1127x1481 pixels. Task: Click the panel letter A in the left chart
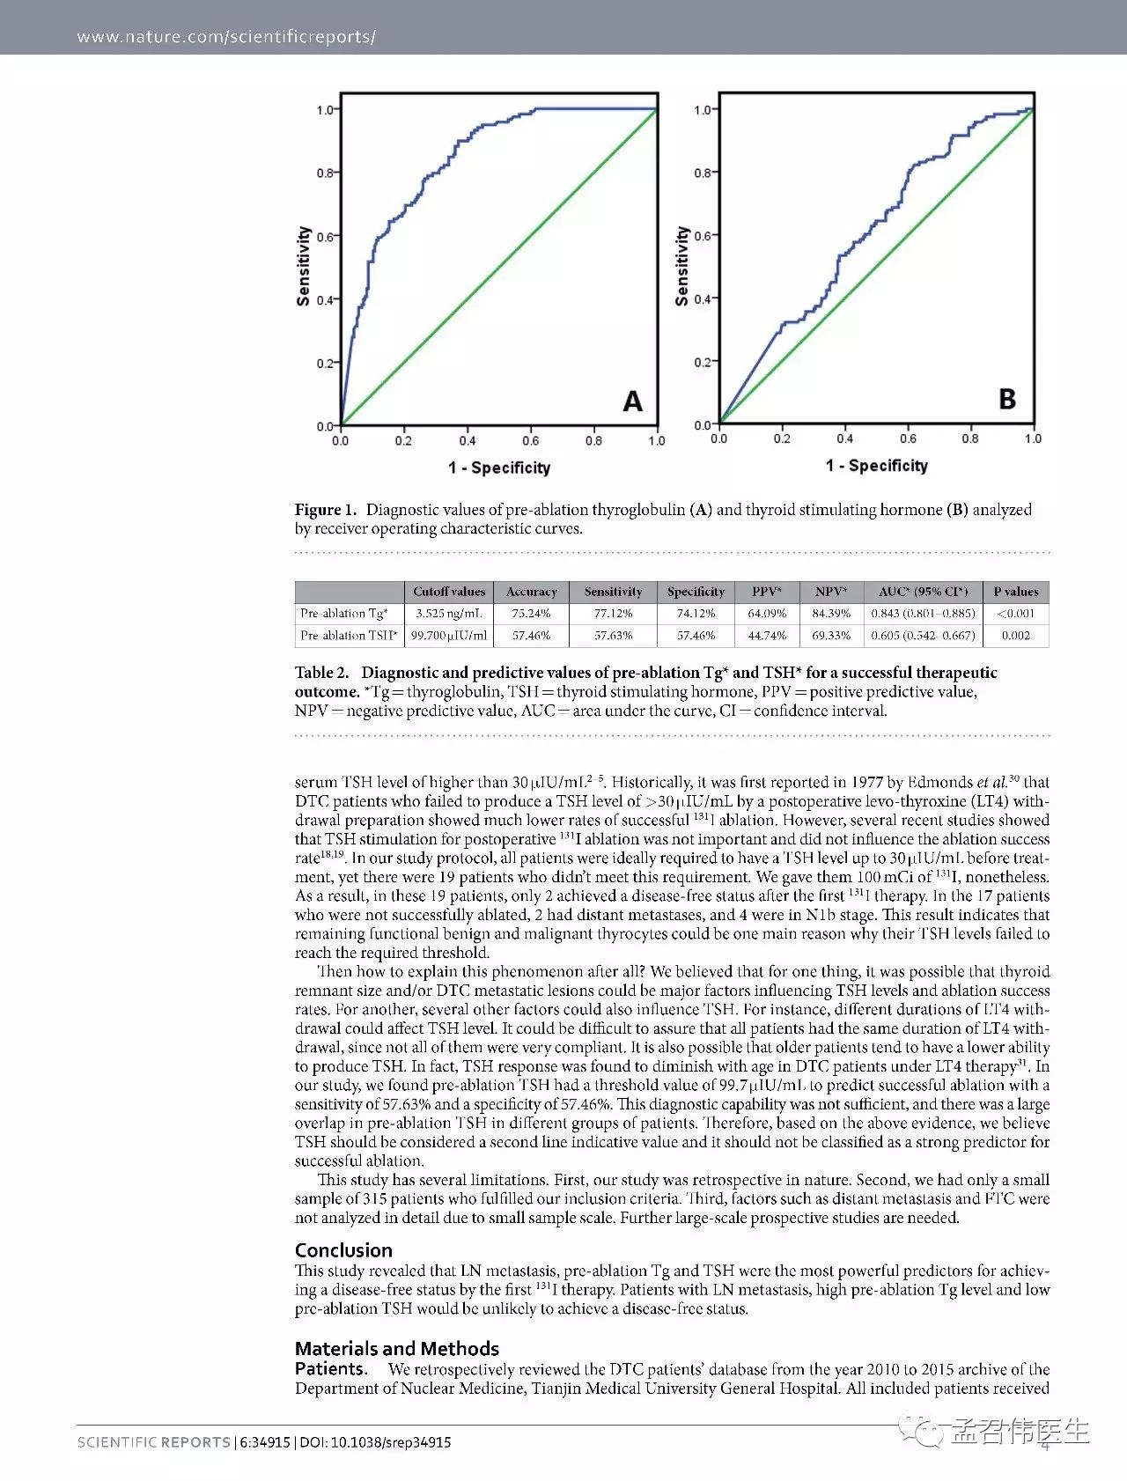(632, 402)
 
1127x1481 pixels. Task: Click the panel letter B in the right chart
(1007, 399)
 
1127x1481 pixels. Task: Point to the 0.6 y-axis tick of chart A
(326, 237)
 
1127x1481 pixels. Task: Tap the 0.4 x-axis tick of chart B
(844, 438)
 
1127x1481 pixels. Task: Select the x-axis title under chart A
(498, 468)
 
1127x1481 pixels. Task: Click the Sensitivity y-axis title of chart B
(681, 266)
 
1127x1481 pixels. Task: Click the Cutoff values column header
(449, 592)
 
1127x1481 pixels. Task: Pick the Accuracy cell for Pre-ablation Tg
(531, 614)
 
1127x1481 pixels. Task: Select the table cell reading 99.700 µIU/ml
(449, 636)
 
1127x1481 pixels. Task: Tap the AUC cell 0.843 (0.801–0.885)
(923, 614)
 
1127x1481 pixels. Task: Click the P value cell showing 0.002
(1015, 636)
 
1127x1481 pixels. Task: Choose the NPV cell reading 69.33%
(831, 636)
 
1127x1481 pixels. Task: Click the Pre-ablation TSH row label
(349, 636)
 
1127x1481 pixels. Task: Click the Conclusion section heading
(343, 1250)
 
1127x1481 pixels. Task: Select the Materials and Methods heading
(396, 1349)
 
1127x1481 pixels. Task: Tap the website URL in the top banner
(226, 37)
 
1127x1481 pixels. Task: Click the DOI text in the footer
(375, 1442)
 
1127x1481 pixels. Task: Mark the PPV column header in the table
(766, 592)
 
